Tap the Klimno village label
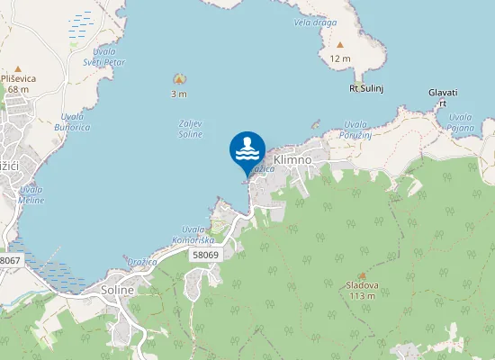[292, 159]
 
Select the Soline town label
[118, 291]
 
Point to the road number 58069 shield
[205, 255]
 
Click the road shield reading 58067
[9, 259]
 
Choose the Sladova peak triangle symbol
[362, 275]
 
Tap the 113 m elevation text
[362, 296]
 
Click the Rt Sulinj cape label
[366, 88]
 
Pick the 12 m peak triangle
[340, 44]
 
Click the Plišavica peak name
[18, 78]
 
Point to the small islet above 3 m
[178, 80]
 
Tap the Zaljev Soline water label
[190, 129]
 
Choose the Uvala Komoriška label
[197, 234]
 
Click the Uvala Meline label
[31, 194]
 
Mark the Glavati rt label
[443, 97]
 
